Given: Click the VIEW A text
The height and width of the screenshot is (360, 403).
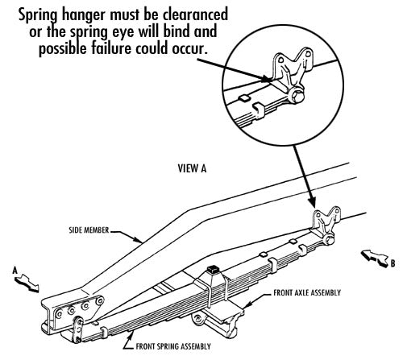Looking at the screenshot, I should pyautogui.click(x=193, y=169).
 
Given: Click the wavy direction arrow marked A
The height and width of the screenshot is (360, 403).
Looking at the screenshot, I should pyautogui.click(x=30, y=283).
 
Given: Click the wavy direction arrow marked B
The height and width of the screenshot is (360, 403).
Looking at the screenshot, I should pyautogui.click(x=372, y=254).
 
